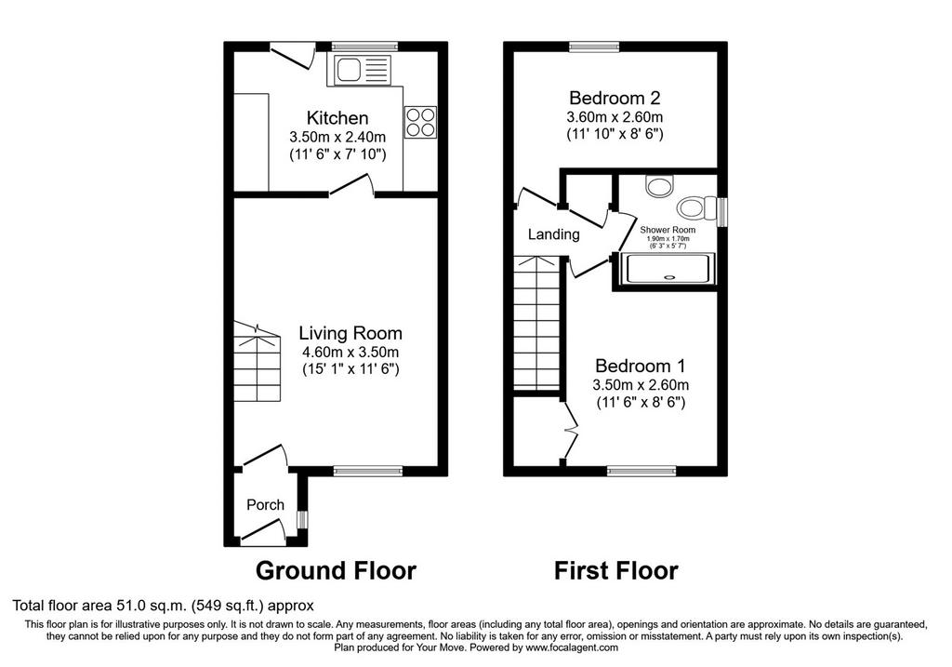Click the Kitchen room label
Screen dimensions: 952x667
point(337,117)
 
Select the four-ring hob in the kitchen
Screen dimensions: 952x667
point(419,122)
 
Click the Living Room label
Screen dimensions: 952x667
point(350,333)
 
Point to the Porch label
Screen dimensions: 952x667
point(265,505)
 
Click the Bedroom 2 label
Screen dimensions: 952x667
point(615,98)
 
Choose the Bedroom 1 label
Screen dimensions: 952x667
point(641,366)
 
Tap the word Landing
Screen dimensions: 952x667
point(554,234)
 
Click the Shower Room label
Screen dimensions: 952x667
point(668,230)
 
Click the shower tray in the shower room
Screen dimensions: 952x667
point(668,269)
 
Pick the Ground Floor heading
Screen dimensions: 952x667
point(336,571)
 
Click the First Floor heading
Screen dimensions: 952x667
point(616,571)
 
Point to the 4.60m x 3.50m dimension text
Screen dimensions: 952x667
point(350,352)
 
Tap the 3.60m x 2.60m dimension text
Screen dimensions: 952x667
point(615,116)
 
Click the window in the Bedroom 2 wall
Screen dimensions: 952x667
point(594,47)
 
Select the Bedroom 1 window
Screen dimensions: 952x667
point(641,471)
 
